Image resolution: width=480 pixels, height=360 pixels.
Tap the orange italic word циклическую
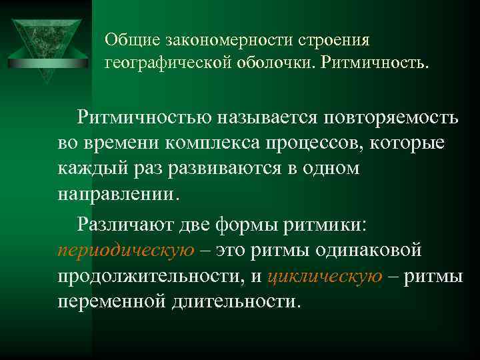[325, 275]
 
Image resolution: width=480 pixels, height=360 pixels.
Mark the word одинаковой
[369, 250]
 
